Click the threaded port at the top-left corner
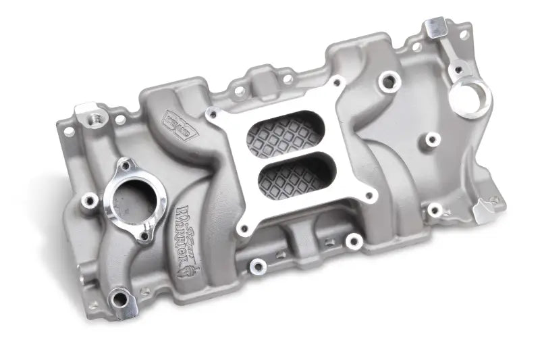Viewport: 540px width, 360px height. click(89, 117)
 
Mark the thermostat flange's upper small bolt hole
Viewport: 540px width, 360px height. click(125, 164)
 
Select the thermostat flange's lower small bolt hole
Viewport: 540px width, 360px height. click(144, 236)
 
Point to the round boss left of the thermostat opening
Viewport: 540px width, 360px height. click(88, 201)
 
